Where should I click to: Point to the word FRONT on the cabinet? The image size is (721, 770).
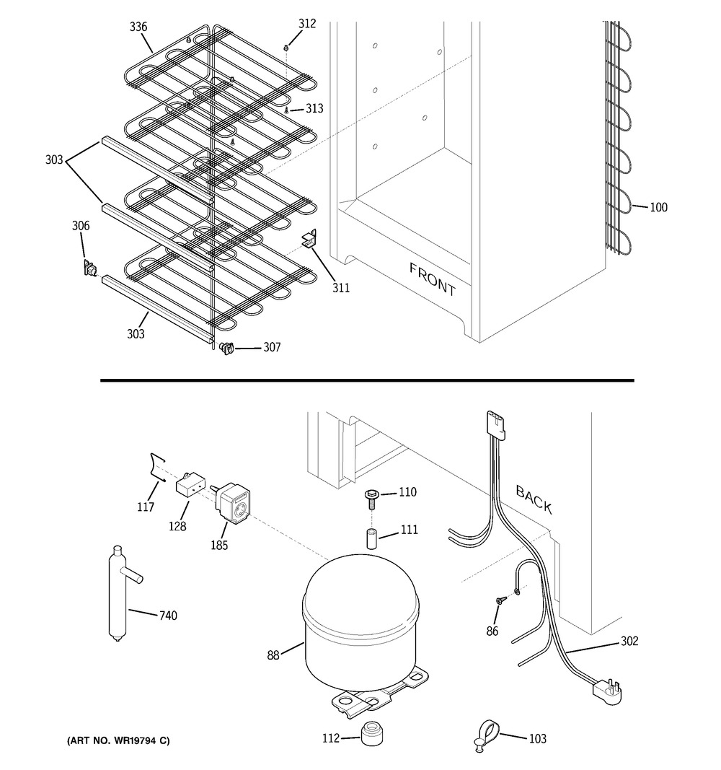[433, 279]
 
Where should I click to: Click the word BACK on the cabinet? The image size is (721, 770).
[534, 500]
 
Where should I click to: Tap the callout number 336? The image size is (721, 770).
[138, 27]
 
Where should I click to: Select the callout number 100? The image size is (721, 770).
[658, 208]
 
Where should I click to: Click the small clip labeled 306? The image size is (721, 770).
[90, 269]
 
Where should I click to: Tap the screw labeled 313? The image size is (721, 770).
[287, 110]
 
